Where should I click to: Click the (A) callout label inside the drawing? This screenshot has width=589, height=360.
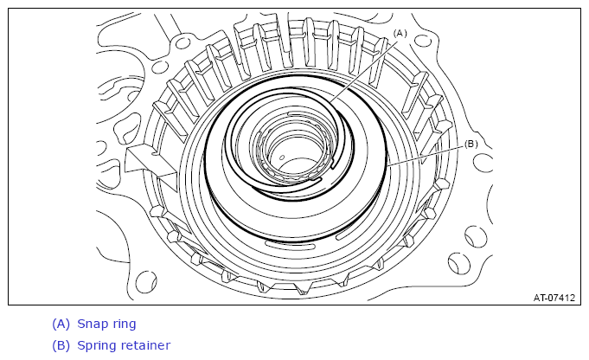(x=400, y=34)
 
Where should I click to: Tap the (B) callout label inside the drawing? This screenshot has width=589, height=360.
(x=471, y=145)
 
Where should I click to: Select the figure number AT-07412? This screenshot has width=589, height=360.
(x=554, y=298)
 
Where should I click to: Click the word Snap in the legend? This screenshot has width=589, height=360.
(x=92, y=324)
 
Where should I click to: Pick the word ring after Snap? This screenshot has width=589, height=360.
(x=123, y=325)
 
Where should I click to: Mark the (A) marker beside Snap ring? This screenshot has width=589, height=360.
(x=61, y=324)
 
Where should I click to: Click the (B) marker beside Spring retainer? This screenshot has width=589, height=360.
(x=61, y=345)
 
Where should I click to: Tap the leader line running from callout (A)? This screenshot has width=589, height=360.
(x=364, y=70)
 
